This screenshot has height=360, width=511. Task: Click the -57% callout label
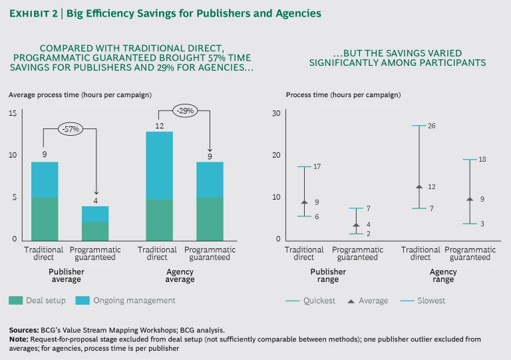pyautogui.click(x=69, y=130)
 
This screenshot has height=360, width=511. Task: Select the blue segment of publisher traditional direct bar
pyautogui.click(x=45, y=180)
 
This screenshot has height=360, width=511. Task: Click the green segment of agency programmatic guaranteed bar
pyautogui.click(x=210, y=218)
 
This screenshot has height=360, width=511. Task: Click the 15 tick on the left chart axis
pyautogui.click(x=13, y=113)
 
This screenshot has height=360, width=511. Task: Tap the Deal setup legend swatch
pyautogui.click(x=15, y=300)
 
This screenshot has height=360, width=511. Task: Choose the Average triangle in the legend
pyautogui.click(x=351, y=301)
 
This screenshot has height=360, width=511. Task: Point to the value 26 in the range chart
pyautogui.click(x=431, y=126)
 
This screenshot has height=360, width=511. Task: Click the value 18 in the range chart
pyautogui.click(x=483, y=160)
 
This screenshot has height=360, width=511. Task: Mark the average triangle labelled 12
pyautogui.click(x=419, y=187)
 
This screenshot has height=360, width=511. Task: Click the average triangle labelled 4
pyautogui.click(x=356, y=225)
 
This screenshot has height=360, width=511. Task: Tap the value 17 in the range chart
pyautogui.click(x=317, y=166)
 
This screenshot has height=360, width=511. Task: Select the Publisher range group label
pyautogui.click(x=328, y=275)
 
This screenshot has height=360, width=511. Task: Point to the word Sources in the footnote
pyautogui.click(x=24, y=329)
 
